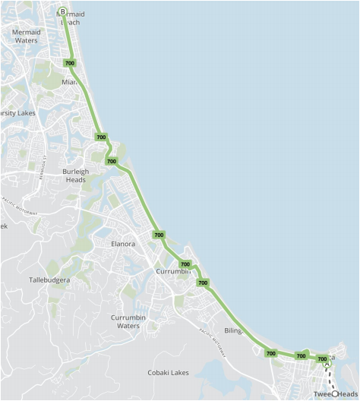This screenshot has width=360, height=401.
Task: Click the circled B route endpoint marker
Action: (62, 11)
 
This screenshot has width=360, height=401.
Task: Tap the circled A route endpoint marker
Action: (327, 365)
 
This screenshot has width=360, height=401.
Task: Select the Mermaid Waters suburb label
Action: (26, 36)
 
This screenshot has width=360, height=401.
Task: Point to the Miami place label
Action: (69, 82)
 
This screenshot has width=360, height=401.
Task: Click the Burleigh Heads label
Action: (75, 175)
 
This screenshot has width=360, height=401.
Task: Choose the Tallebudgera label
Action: (49, 279)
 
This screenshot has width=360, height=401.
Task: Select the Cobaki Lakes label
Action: (169, 372)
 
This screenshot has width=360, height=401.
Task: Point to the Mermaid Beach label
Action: (69, 18)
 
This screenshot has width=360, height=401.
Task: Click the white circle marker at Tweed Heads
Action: (334, 393)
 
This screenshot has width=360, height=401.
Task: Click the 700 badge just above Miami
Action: (70, 63)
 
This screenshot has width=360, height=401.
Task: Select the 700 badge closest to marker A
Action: (322, 358)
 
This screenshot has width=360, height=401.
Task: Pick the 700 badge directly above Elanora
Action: (159, 235)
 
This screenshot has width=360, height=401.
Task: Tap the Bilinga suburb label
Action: (232, 331)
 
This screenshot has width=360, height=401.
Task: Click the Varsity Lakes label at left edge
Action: (17, 113)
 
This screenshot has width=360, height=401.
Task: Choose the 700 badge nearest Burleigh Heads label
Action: (112, 161)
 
